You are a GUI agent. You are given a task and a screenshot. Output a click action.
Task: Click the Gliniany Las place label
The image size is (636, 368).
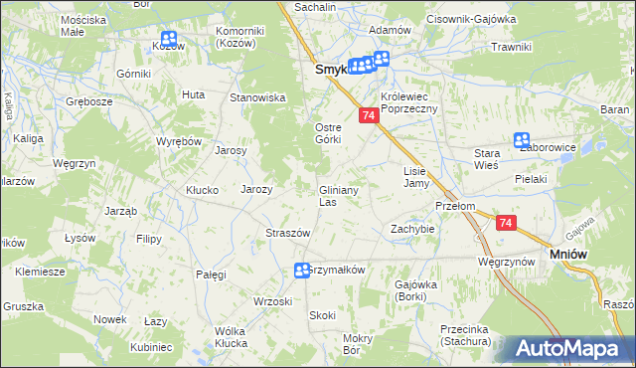[338, 196]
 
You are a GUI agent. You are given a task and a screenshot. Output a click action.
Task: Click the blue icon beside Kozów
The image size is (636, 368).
[166, 42]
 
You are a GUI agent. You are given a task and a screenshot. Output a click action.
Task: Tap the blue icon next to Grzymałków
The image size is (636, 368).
[302, 271]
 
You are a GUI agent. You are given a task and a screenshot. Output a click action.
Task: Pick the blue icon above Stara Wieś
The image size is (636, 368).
[522, 141]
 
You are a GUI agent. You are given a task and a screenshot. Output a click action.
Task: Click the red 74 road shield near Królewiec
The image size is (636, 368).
[369, 116]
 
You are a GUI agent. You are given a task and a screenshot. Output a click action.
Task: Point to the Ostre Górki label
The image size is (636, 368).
[328, 132]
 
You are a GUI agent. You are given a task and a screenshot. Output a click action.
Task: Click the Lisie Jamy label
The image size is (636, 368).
[415, 177]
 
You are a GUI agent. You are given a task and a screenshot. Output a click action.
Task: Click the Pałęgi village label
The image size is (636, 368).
[211, 274]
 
